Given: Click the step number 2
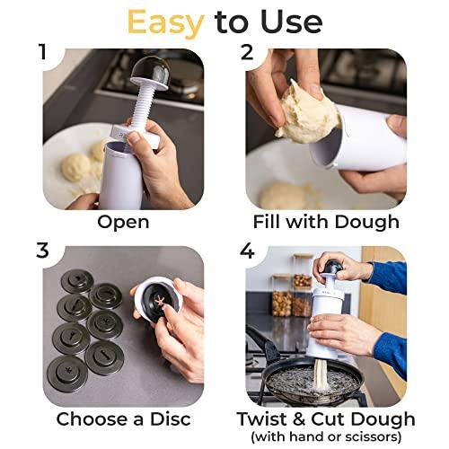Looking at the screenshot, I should [248, 51].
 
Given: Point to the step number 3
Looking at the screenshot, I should [41, 251].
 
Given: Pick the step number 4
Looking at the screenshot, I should [248, 251].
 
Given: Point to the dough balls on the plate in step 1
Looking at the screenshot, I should [78, 166].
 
